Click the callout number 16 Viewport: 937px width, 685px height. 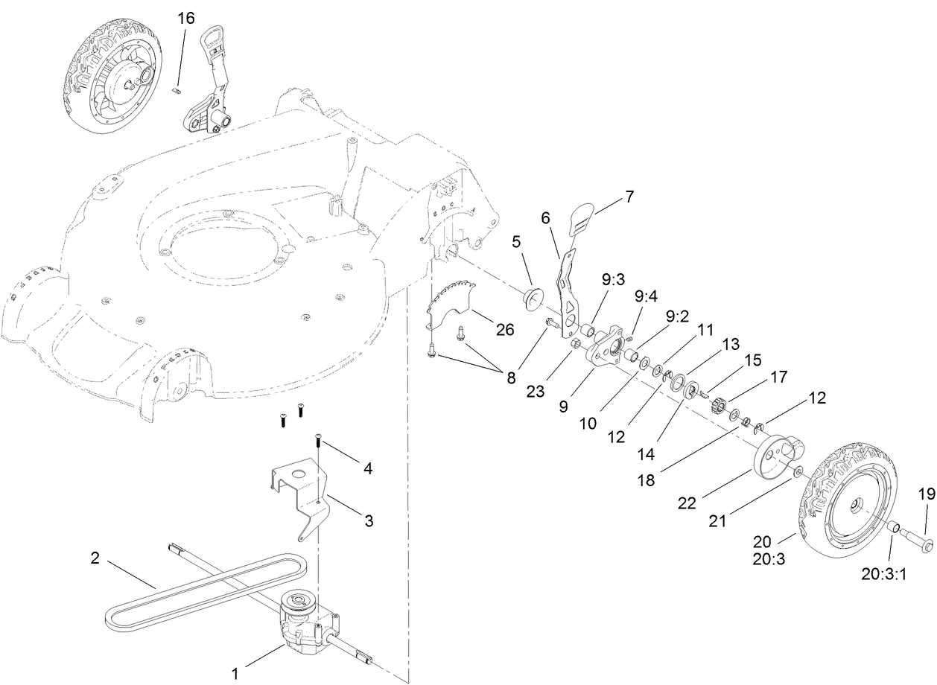pos(185,19)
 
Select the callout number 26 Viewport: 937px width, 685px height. pos(505,329)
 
